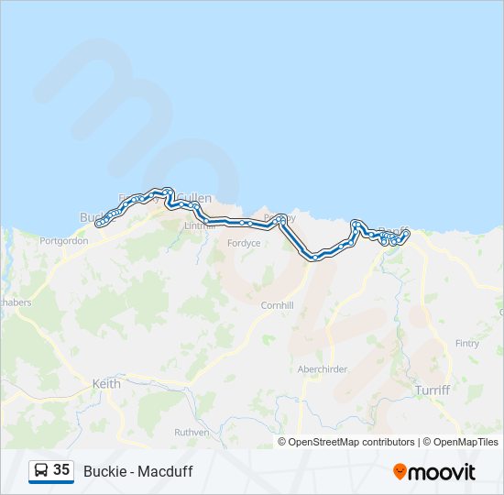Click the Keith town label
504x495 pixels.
pos(106,384)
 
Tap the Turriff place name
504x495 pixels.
pos(433,390)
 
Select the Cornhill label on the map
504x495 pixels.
pos(277,305)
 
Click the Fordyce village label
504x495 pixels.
pos(244,243)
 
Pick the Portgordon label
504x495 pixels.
pos(63,241)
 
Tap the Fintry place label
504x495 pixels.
pos(466,343)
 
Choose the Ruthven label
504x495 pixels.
pos(192,432)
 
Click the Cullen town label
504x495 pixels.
pos(195,198)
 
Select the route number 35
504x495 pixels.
pos(61,470)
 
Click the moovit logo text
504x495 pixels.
pos(442,472)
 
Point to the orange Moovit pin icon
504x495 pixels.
pos(400,471)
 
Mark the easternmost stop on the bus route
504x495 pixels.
pos(406,234)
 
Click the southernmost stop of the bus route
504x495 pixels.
pos(315,258)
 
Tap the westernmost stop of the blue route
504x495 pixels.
pos(99,223)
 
